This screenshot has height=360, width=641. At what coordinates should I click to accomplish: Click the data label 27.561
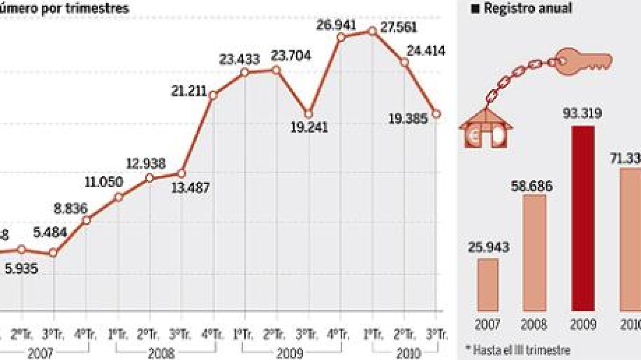pos(399,27)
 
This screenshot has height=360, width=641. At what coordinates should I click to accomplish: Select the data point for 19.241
pos(308,114)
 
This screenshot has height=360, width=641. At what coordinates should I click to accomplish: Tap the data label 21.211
pos(189,91)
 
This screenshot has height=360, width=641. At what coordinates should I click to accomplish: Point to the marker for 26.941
pos(341,37)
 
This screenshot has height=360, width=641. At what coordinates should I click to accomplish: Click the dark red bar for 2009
pos(583,218)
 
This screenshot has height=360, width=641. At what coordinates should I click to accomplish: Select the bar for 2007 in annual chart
pos(488,285)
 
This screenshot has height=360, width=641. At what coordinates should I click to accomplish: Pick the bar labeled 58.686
pos(534,253)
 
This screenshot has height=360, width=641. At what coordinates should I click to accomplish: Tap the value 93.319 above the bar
pos(582,113)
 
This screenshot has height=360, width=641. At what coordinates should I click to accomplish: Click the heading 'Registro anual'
pos(528,8)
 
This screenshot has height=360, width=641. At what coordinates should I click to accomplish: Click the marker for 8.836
pos(87,220)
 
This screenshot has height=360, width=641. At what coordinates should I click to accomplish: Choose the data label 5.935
pos(21,268)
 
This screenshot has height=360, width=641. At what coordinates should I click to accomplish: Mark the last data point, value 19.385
pos(437,114)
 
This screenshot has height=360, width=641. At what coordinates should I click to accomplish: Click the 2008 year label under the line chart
pos(161,353)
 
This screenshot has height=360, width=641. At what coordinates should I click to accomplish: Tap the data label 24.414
pos(426,51)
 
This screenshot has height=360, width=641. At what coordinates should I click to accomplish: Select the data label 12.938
pos(146,163)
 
